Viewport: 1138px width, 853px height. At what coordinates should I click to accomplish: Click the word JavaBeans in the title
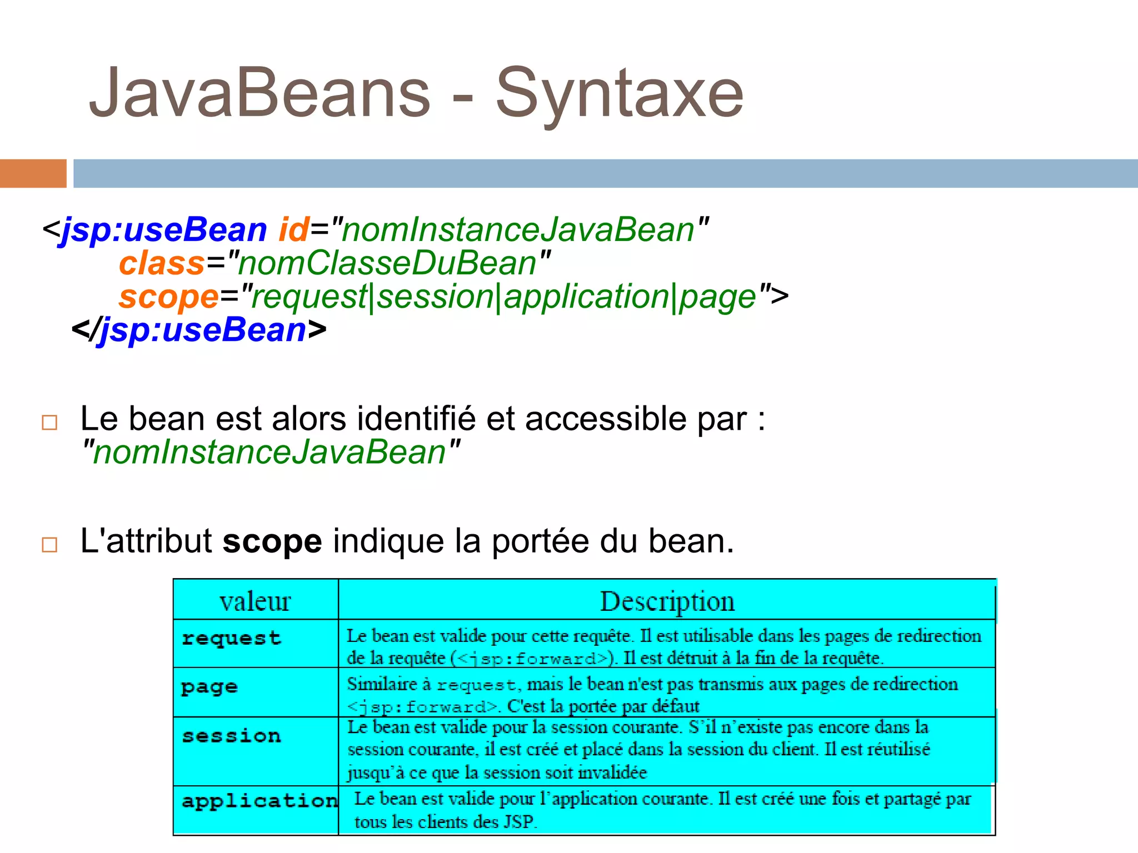coord(259,93)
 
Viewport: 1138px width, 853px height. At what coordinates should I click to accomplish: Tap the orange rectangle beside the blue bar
coord(33,173)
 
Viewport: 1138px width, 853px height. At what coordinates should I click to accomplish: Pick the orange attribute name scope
coord(169,297)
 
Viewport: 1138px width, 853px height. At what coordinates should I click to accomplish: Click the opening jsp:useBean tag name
coord(164,230)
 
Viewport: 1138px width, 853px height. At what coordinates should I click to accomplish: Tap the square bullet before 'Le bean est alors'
coord(49,423)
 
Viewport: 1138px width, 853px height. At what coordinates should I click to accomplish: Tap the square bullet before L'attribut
coord(49,544)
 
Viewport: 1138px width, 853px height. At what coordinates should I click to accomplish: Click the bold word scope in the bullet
coord(272,541)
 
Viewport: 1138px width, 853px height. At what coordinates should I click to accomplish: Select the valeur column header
coord(255,601)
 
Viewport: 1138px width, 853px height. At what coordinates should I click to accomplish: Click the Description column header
coord(667,601)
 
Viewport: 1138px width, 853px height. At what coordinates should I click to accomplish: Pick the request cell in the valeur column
coord(231,639)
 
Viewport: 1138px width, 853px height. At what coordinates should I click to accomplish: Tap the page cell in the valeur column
coord(209,688)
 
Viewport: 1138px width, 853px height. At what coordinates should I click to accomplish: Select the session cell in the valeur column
coord(231,736)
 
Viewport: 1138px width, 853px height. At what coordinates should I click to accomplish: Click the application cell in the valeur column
coord(259,801)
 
